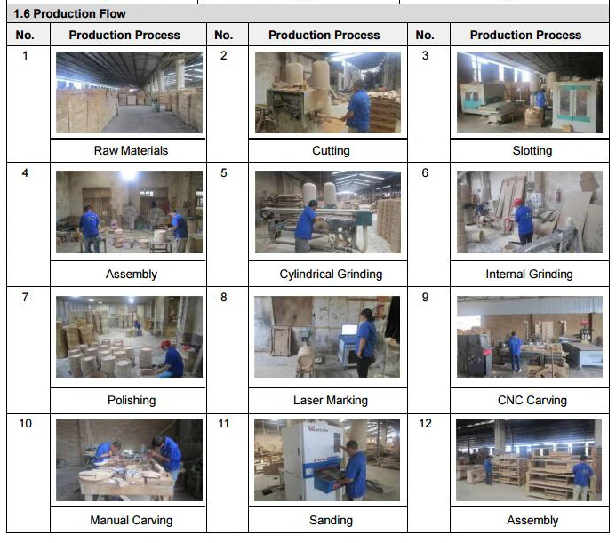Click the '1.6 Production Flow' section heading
[x=69, y=13]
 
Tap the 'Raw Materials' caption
[x=131, y=150]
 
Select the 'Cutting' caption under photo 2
[x=331, y=150]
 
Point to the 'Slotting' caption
[x=532, y=150]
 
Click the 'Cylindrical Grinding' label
[x=331, y=274]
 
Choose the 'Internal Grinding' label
[x=529, y=274]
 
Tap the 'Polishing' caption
[x=132, y=400]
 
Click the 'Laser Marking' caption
[x=331, y=400]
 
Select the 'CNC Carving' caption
[x=532, y=400]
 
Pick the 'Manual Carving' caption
[x=132, y=520]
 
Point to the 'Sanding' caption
[x=331, y=520]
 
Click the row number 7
[x=25, y=297]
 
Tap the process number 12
[x=425, y=424]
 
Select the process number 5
[x=223, y=173]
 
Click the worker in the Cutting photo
[x=357, y=107]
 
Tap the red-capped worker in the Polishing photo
[x=171, y=359]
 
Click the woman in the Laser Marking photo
[x=366, y=342]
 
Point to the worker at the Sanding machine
[x=354, y=469]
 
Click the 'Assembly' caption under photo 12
[x=532, y=520]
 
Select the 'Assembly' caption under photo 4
[x=132, y=274]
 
